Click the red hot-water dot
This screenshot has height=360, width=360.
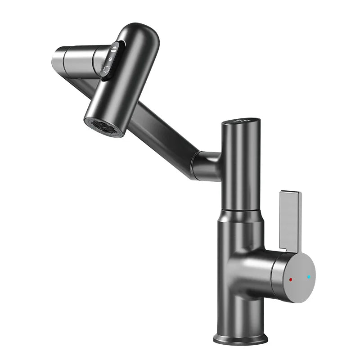click(x=291, y=279)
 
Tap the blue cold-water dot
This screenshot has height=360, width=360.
click(x=309, y=277)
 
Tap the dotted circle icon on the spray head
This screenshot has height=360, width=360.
click(x=107, y=70)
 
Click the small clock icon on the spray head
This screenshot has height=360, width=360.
click(x=111, y=59)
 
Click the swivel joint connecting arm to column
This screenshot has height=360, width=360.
click(x=205, y=164)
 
